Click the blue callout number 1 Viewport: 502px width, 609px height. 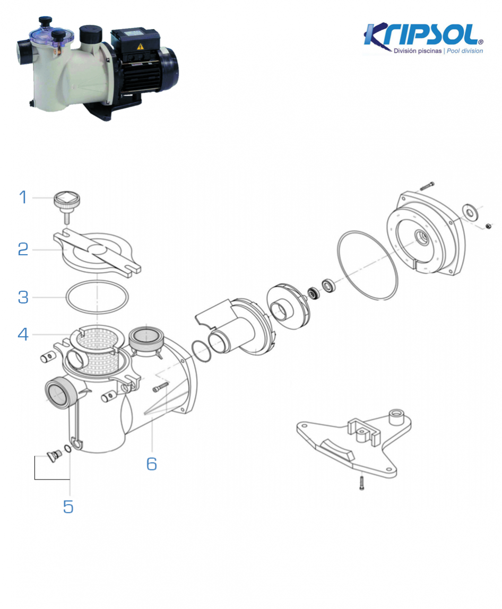23,197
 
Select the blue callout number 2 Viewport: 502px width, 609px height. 23,249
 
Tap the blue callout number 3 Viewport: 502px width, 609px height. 23,297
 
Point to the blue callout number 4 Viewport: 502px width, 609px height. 23,334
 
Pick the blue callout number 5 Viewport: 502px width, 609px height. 68,507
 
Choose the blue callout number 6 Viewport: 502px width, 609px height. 152,464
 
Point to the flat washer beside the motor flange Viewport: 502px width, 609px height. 470,212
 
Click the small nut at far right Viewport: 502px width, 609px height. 488,226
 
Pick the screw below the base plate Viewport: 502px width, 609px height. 362,483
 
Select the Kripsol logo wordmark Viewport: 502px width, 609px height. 423,35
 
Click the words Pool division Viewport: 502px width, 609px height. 465,51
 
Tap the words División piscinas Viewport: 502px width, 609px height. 417,51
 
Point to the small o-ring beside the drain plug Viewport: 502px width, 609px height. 67,449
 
